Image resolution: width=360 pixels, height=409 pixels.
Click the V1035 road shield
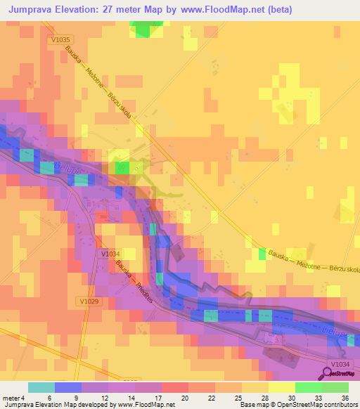pyautogui.click(x=61, y=40)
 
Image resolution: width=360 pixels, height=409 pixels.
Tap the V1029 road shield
pyautogui.click(x=88, y=300)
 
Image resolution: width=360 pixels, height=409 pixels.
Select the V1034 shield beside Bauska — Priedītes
pyautogui.click(x=111, y=254)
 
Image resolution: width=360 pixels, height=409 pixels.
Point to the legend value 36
pyautogui.click(x=345, y=397)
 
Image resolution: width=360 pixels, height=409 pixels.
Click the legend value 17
pyautogui.click(x=148, y=397)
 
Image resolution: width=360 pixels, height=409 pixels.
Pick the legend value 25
pyautogui.click(x=229, y=397)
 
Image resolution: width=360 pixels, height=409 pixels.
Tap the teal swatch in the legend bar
pyautogui.click(x=41, y=387)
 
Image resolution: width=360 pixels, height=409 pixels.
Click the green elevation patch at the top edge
pyautogui.click(x=145, y=28)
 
